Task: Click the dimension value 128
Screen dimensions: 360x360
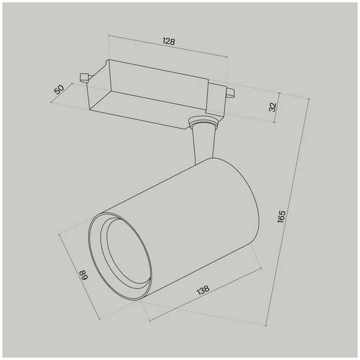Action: tap(169, 41)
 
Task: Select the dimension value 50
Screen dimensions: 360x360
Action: tap(59, 89)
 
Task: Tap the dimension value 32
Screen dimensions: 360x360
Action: tap(272, 107)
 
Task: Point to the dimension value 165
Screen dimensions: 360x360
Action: tap(281, 216)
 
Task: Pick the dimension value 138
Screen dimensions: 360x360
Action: tap(203, 290)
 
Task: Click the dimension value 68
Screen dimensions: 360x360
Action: tap(84, 275)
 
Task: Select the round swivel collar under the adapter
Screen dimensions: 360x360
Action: tap(202, 121)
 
